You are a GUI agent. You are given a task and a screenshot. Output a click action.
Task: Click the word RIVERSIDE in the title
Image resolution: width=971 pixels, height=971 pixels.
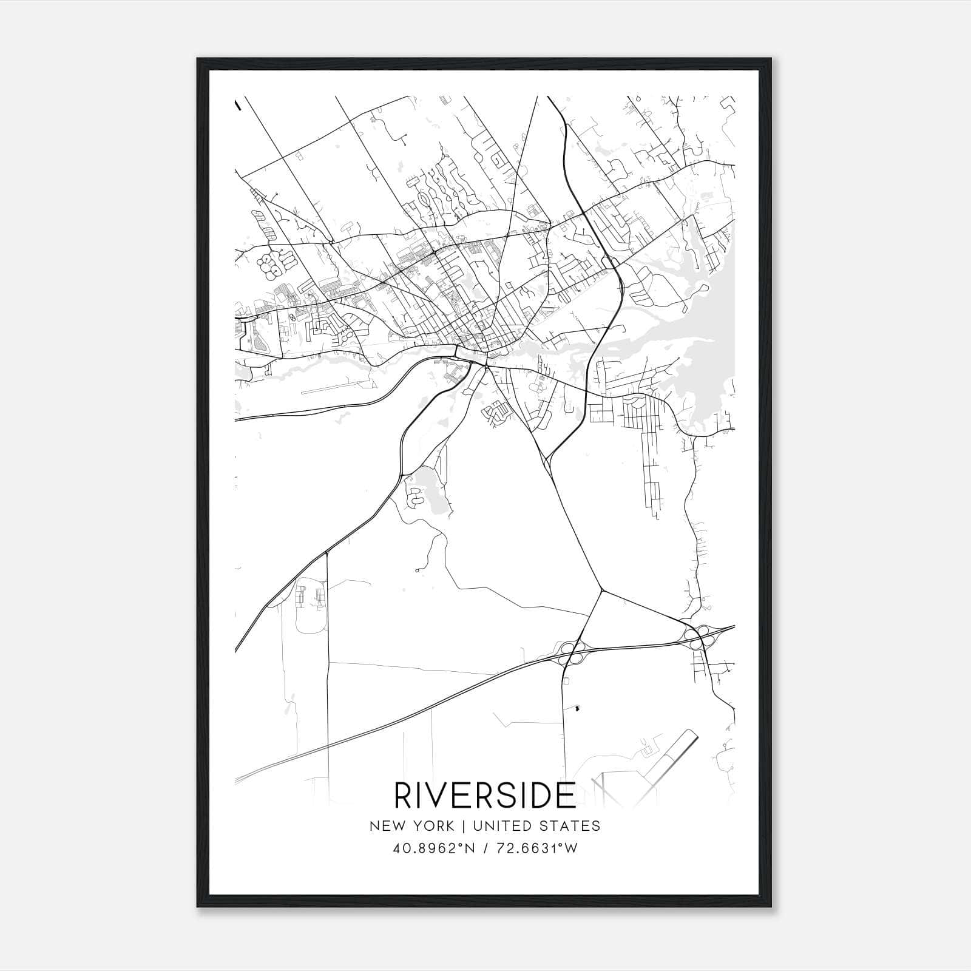(485, 795)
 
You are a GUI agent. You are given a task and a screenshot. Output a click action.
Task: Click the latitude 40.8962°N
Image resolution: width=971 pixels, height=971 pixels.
(430, 848)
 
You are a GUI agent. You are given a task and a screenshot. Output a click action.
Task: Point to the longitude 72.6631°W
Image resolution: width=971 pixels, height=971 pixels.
(537, 848)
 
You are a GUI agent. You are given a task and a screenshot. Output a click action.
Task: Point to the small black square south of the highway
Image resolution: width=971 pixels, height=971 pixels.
(577, 708)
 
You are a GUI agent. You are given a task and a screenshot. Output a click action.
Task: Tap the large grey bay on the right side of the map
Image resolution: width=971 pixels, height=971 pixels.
(710, 340)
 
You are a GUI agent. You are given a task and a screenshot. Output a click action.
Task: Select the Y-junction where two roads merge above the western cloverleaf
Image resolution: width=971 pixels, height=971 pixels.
(601, 589)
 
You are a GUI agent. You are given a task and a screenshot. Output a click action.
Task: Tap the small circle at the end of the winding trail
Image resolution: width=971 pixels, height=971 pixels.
(418, 570)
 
